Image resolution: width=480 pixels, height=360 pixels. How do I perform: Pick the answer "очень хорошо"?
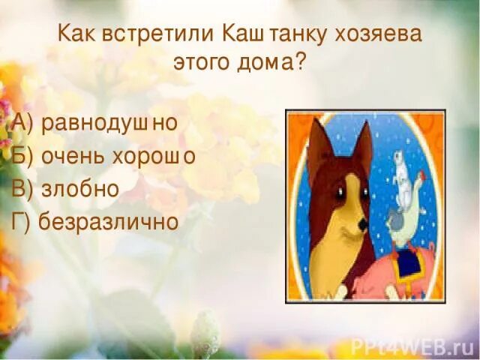click(120, 156)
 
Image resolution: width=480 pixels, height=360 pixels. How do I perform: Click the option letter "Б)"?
click(21, 156)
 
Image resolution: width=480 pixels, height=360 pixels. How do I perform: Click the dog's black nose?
click(362, 224)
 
